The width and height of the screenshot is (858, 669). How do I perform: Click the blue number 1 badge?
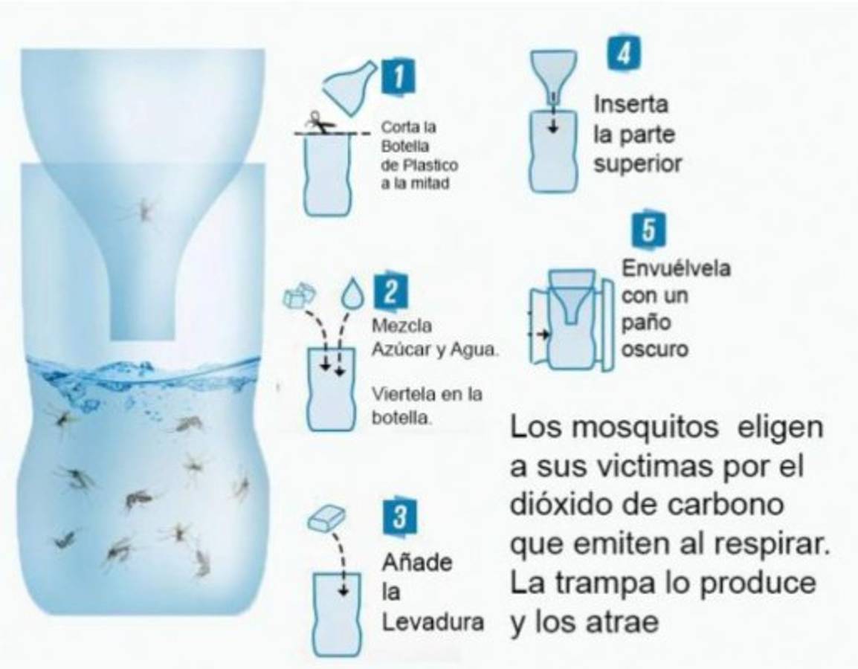[x=399, y=78]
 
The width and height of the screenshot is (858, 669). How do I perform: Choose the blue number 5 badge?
[x=648, y=232]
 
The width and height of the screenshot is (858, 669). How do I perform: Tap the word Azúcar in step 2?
[x=402, y=349]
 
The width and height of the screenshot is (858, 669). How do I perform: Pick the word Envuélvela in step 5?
[x=675, y=268]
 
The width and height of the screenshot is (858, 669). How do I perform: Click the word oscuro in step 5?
[x=654, y=348]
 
